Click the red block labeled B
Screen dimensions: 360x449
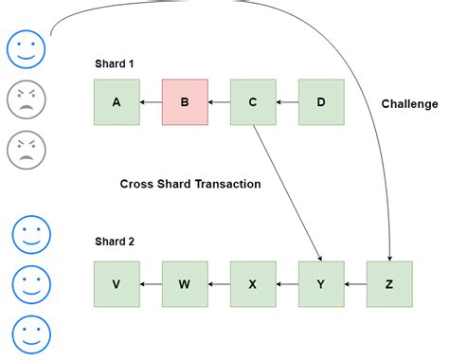pyautogui.click(x=185, y=102)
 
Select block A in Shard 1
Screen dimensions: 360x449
pyautogui.click(x=117, y=102)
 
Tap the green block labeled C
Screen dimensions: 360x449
pyautogui.click(x=253, y=102)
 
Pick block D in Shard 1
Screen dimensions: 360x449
pyautogui.click(x=321, y=102)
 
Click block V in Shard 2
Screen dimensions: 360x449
pyautogui.click(x=117, y=283)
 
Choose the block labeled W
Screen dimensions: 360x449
pyautogui.click(x=185, y=283)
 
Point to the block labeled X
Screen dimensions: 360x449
pyautogui.click(x=253, y=283)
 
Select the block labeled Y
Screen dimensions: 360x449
pyautogui.click(x=321, y=283)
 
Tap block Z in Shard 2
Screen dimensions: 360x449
pyautogui.click(x=389, y=283)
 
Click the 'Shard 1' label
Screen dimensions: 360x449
pyautogui.click(x=115, y=63)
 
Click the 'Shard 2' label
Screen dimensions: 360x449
pyautogui.click(x=115, y=242)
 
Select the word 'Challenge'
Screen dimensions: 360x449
pyautogui.click(x=410, y=102)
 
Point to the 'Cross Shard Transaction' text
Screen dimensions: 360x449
pyautogui.click(x=190, y=184)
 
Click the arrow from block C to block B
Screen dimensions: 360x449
pyautogui.click(x=219, y=102)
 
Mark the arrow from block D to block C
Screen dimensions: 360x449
pyautogui.click(x=287, y=102)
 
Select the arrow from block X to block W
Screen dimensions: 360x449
pyautogui.click(x=219, y=283)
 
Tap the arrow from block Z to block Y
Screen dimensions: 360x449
pyautogui.click(x=355, y=283)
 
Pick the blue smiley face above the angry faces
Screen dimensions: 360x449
pyautogui.click(x=27, y=49)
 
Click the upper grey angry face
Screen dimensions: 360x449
pyautogui.click(x=27, y=99)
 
